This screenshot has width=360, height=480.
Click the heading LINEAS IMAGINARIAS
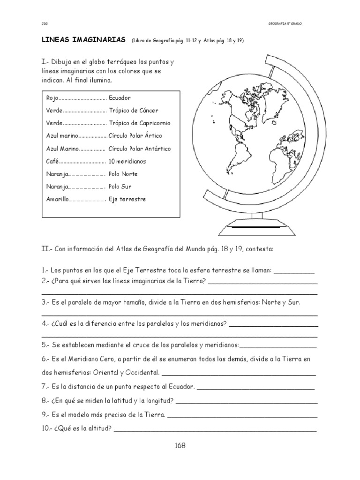(x=83, y=40)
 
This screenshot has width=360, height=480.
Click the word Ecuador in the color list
(x=120, y=98)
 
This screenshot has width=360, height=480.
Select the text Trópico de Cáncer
(x=134, y=111)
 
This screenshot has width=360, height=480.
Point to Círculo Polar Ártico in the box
(x=135, y=136)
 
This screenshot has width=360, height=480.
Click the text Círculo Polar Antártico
(x=140, y=149)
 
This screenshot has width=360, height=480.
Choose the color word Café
(x=52, y=161)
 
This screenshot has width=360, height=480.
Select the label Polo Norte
(x=123, y=174)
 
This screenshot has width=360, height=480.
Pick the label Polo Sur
(x=120, y=187)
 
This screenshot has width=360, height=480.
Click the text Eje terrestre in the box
(x=127, y=199)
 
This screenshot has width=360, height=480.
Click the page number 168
(x=180, y=446)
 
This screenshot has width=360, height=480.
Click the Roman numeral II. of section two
(x=46, y=250)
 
